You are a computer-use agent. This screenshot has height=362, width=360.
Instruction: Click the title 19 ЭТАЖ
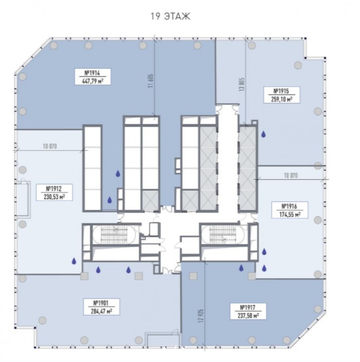point(170,16)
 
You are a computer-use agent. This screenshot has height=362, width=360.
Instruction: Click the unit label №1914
point(92,73)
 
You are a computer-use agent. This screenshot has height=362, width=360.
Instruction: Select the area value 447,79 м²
point(93,81)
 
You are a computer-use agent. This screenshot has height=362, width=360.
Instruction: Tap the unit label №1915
point(281,91)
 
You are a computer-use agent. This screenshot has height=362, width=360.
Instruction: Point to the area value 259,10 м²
point(281,99)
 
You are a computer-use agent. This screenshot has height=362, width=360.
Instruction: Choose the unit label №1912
point(54,189)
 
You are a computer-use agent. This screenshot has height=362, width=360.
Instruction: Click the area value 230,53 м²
point(54,197)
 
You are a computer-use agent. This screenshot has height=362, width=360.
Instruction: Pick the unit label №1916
point(289,206)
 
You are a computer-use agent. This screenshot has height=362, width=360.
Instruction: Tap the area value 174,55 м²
point(290,214)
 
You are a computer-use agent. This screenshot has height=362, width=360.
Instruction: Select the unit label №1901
point(101,303)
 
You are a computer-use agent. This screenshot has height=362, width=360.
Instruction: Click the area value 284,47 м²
point(101,311)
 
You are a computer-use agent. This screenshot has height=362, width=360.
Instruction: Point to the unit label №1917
point(248,308)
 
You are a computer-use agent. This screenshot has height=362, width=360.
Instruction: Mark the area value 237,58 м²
point(248,316)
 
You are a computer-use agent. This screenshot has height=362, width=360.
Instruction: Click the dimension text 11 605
point(151,81)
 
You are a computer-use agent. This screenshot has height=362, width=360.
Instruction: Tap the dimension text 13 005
point(242,84)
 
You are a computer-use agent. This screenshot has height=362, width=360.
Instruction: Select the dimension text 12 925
point(201,316)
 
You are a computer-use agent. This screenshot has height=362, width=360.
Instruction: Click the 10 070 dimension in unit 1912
point(50,146)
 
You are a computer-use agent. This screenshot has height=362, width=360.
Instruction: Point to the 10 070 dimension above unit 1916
point(291,175)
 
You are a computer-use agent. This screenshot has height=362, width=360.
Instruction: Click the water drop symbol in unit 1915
point(263,134)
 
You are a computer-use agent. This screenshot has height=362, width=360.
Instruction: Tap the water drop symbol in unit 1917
point(241,268)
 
